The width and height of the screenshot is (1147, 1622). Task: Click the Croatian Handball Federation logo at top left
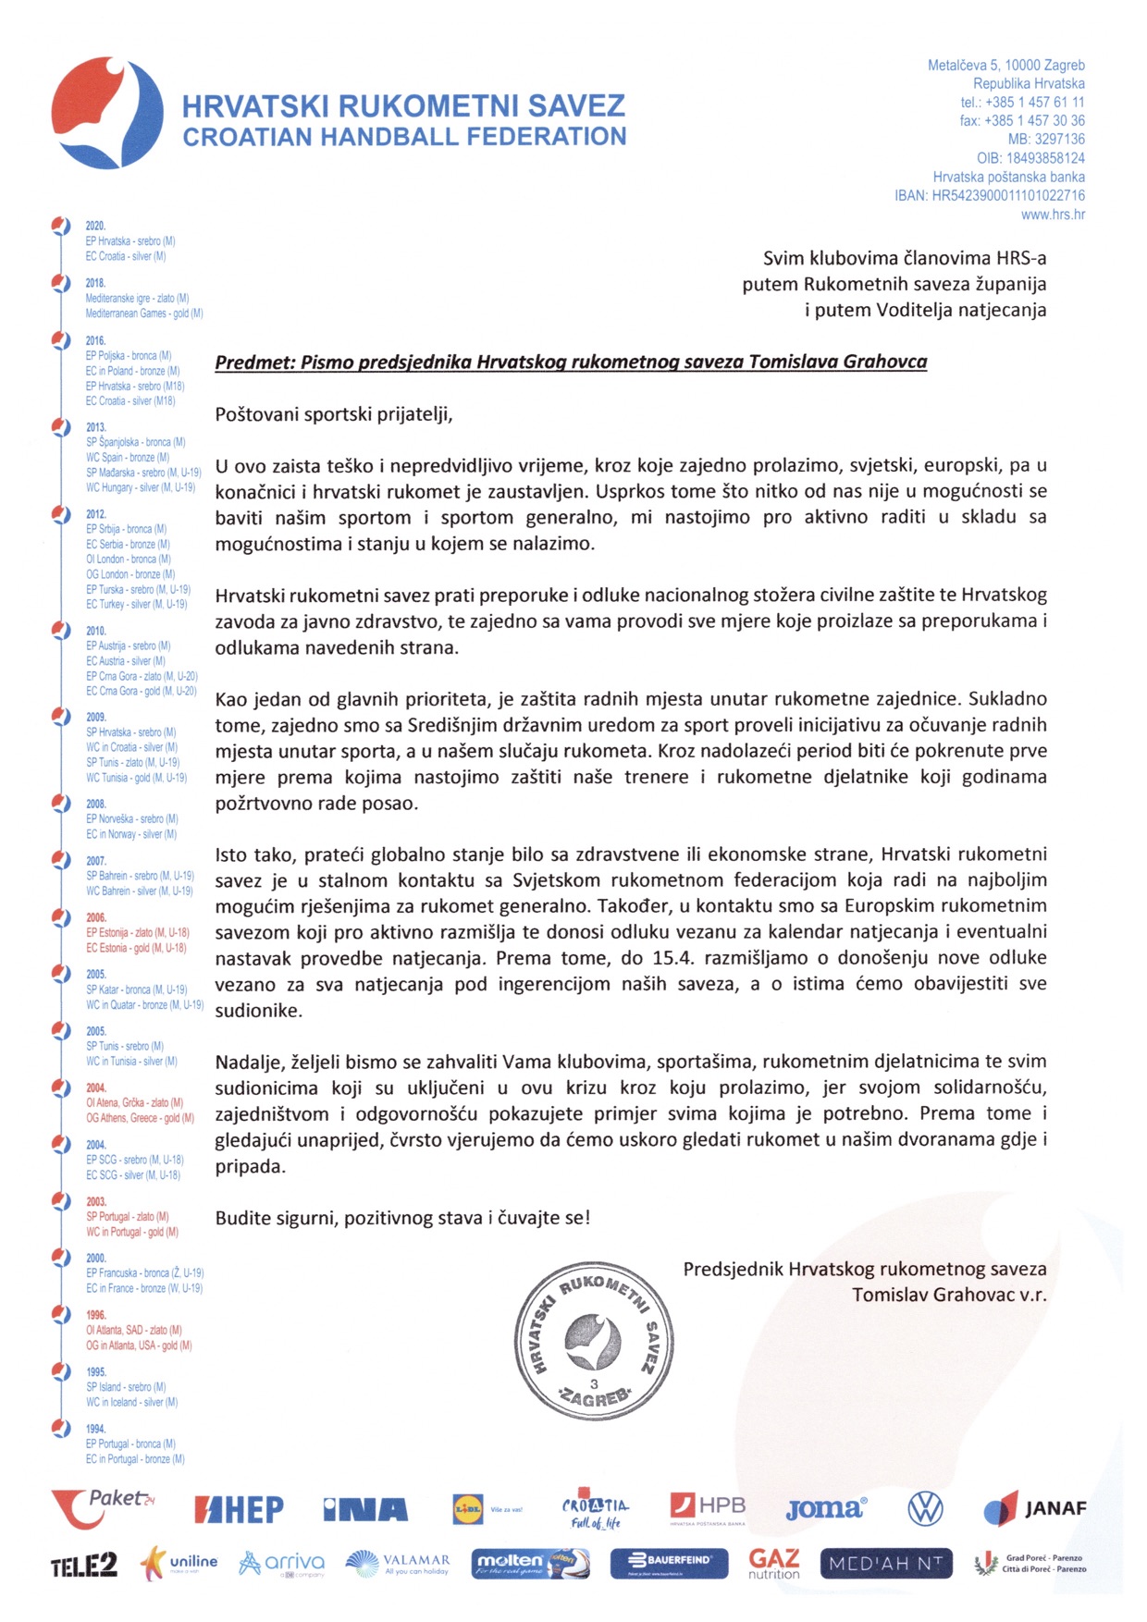[106, 113]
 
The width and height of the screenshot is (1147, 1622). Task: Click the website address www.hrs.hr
[1053, 215]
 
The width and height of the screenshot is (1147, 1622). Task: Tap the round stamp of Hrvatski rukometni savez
[594, 1339]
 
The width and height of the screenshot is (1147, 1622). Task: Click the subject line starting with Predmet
[571, 362]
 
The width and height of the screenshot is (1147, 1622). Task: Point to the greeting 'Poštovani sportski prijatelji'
[334, 413]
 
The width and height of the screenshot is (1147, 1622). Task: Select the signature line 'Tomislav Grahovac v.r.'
[949, 1295]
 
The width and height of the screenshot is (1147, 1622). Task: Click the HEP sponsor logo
[239, 1510]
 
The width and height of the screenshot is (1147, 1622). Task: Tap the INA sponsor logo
[365, 1510]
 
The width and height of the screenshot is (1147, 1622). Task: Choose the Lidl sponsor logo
[468, 1509]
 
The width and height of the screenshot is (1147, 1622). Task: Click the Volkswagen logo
[925, 1509]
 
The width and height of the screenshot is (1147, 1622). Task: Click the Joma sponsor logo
[826, 1509]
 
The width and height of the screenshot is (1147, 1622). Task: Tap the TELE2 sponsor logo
[84, 1565]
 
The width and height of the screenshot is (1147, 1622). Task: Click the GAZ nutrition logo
[774, 1564]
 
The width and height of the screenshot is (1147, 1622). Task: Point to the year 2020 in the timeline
[95, 226]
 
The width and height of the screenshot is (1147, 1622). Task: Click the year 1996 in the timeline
[96, 1315]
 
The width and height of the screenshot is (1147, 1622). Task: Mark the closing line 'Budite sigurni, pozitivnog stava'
[402, 1218]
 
